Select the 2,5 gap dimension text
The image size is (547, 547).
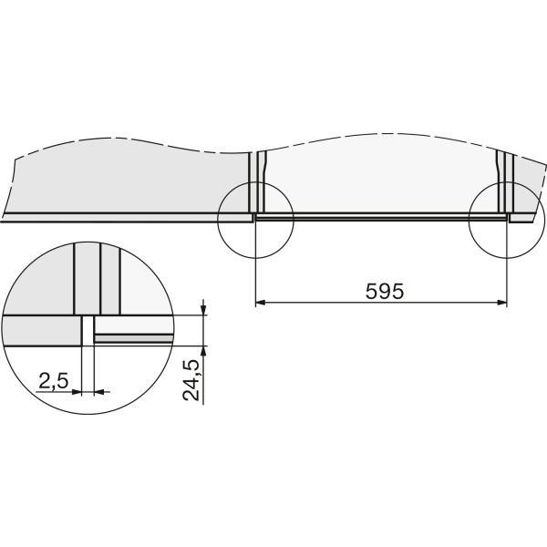pyautogui.click(x=54, y=380)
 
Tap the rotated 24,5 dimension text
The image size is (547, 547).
pyautogui.click(x=191, y=380)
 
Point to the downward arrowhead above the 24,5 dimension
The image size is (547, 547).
pyautogui.click(x=203, y=310)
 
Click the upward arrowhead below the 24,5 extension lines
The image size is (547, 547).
pyautogui.click(x=203, y=351)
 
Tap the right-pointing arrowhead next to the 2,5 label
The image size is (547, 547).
pyautogui.click(x=77, y=392)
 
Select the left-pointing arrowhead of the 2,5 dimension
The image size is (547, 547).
pyautogui.click(x=99, y=392)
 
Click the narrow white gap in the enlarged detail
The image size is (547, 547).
pyautogui.click(x=88, y=331)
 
